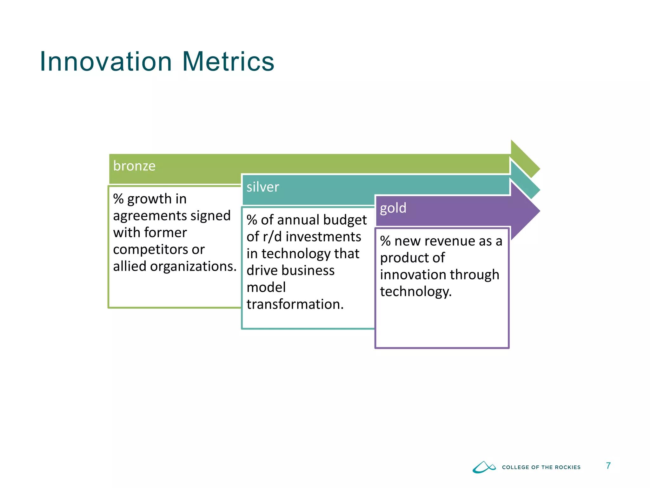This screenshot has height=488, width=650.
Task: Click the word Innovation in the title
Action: [x=106, y=62]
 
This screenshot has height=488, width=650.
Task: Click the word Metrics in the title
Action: [x=228, y=62]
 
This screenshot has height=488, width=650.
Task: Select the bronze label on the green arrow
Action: [x=134, y=166]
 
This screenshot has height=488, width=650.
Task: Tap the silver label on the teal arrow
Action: [x=263, y=187]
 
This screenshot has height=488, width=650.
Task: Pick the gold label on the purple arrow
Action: [x=393, y=208]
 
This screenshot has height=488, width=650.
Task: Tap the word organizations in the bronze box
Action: [x=193, y=267]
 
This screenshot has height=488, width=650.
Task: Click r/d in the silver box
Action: [x=272, y=237]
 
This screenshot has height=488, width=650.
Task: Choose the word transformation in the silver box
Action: [x=295, y=304]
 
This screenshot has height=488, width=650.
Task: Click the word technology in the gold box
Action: [x=415, y=292]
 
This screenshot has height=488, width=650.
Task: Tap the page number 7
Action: [x=608, y=466]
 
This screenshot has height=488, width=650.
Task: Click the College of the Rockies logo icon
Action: [x=484, y=467]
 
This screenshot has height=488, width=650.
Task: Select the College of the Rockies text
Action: [x=541, y=467]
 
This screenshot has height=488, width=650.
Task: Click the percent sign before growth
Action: [x=118, y=199]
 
